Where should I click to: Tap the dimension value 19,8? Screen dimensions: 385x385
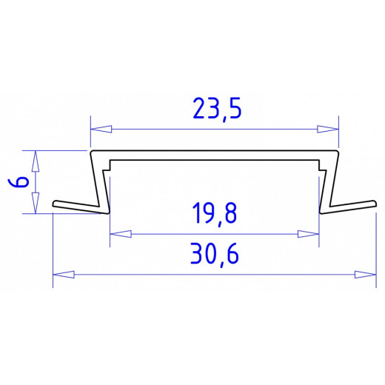point(215,215)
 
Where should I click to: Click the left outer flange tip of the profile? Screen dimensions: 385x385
point(56,203)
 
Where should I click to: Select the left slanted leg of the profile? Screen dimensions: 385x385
point(96,181)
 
